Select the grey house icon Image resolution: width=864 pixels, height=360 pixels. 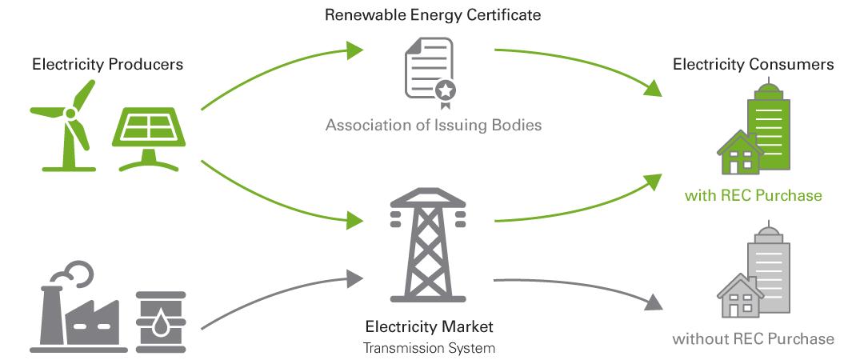(x=739, y=295)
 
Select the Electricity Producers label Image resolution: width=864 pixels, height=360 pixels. (x=107, y=64)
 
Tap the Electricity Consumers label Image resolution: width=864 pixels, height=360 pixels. (x=754, y=64)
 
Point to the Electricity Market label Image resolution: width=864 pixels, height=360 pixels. (x=429, y=327)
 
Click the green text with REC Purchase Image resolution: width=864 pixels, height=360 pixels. (x=753, y=195)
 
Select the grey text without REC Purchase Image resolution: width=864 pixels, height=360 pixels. (x=753, y=339)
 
